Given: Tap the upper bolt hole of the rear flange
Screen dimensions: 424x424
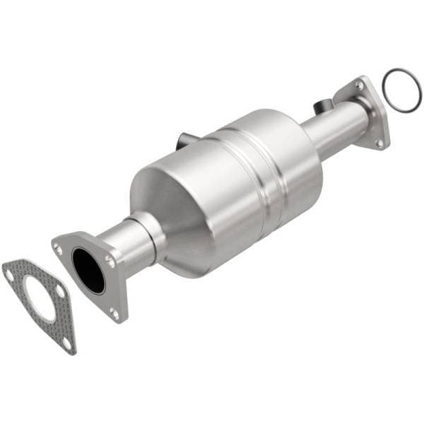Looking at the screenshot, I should tap(360, 85).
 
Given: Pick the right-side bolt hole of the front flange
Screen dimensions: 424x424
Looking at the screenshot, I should tap(110, 261).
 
